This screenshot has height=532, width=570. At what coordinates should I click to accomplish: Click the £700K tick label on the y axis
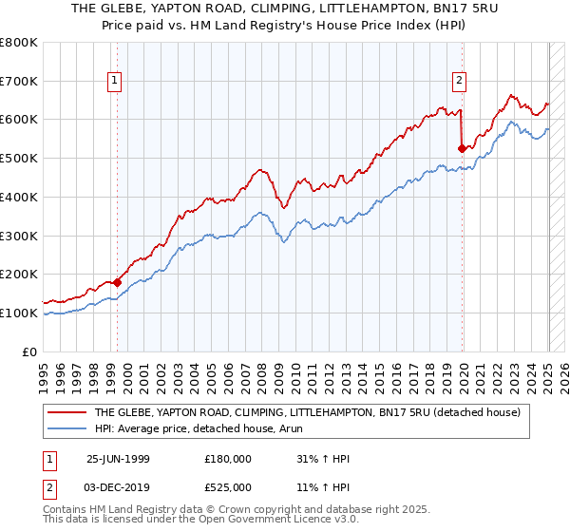[x=19, y=82]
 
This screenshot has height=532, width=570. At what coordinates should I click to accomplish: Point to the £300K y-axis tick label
[x=19, y=236]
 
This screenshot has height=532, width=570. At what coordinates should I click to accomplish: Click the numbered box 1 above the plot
[x=114, y=82]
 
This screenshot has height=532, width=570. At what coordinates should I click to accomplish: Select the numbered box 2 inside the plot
[x=459, y=82]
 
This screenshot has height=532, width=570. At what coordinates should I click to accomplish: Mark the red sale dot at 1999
[x=117, y=282]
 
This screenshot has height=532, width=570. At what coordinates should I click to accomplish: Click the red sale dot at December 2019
[x=462, y=148]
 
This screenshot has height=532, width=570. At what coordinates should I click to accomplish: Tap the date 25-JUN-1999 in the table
[x=118, y=458]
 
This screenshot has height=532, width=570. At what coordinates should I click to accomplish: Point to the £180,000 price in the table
[x=227, y=458]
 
